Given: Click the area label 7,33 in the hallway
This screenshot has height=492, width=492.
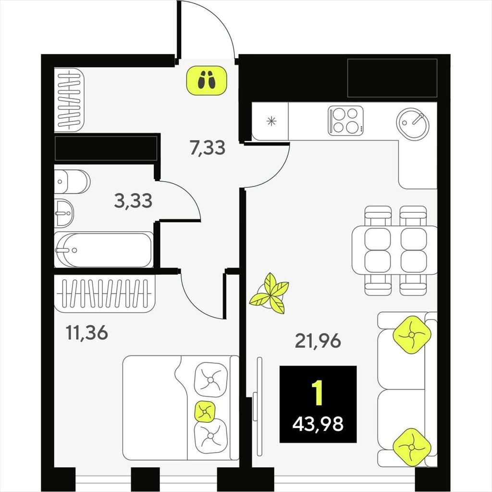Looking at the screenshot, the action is tap(208, 148).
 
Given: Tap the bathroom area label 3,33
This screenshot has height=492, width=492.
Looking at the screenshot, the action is tap(133, 201).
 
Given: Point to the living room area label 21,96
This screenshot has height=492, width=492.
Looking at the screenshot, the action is tap(318, 341).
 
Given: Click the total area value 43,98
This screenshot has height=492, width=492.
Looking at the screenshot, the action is tap(318, 424).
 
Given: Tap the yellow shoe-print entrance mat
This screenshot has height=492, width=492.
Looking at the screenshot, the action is tap(207, 80).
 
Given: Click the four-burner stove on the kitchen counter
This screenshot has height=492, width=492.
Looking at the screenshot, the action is tap(345, 121).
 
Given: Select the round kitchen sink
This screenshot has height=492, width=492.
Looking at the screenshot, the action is tap(412, 123).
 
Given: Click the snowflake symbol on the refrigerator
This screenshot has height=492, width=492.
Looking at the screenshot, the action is tap(271, 121).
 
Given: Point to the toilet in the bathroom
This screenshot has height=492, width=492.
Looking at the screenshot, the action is tap(72, 182).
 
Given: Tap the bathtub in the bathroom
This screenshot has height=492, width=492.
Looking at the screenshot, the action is tap(104, 250).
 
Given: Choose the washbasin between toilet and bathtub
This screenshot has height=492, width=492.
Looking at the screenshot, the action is tap(64, 213).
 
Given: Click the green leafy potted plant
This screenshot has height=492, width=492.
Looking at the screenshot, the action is tap(270, 294).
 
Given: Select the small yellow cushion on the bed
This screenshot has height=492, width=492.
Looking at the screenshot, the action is tap(205, 411).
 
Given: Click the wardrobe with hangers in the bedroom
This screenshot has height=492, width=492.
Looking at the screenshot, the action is tap(105, 294).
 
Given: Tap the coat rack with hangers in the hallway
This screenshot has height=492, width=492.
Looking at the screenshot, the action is tap(69, 99).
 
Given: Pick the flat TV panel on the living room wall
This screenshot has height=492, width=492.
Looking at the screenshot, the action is tap(259, 406).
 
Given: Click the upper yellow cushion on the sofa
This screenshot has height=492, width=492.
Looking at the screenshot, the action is tap(411, 335).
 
